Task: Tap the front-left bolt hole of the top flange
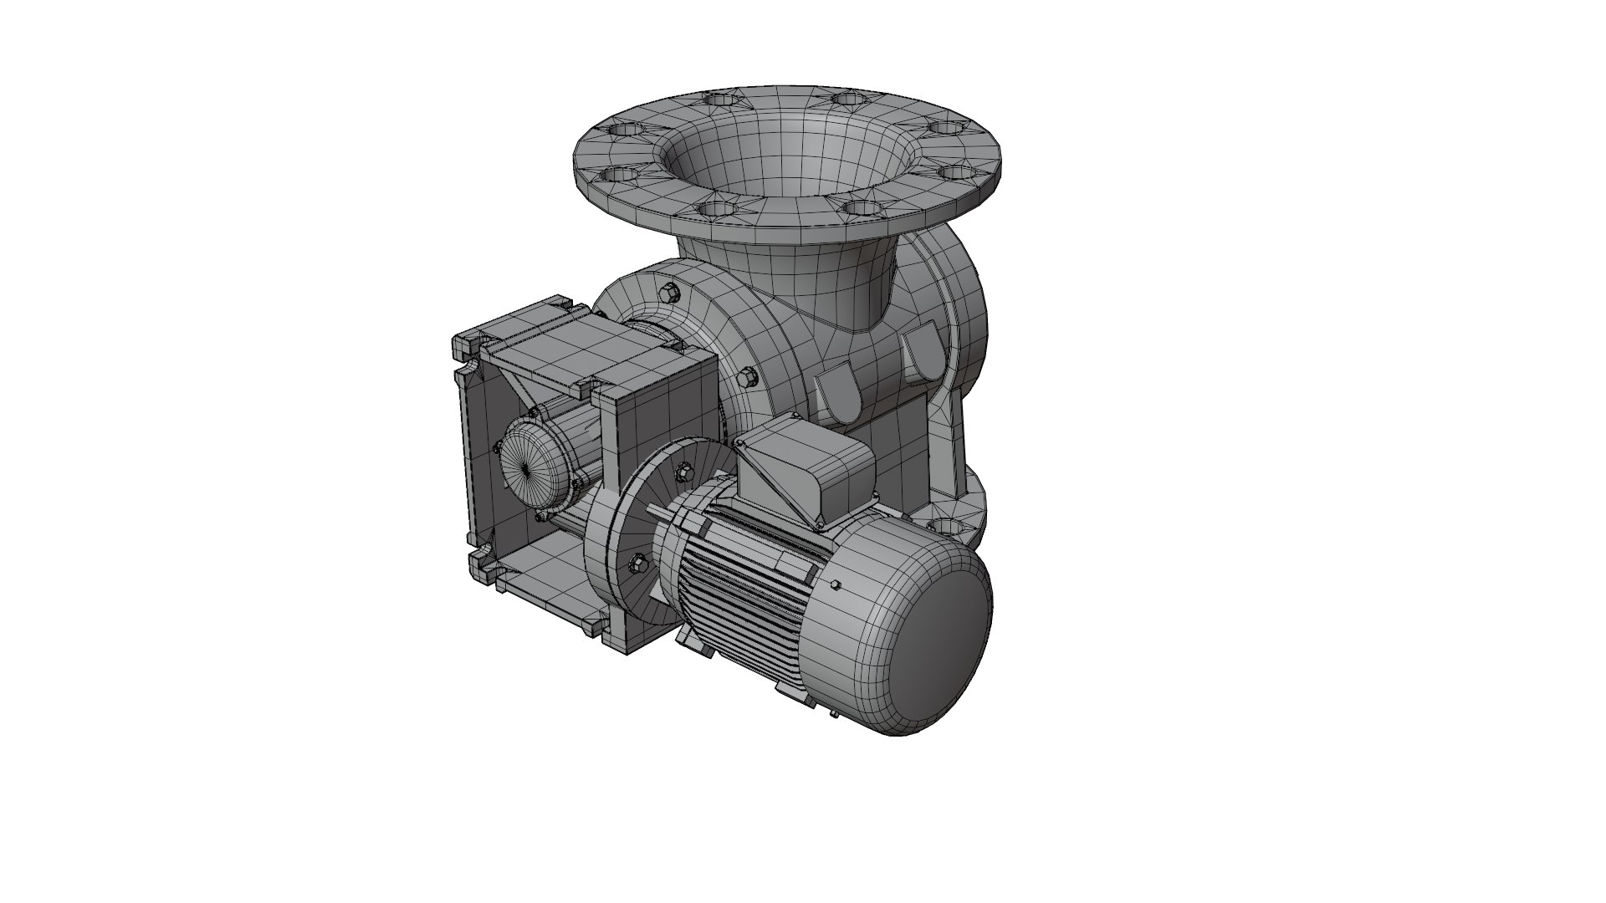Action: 718,207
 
